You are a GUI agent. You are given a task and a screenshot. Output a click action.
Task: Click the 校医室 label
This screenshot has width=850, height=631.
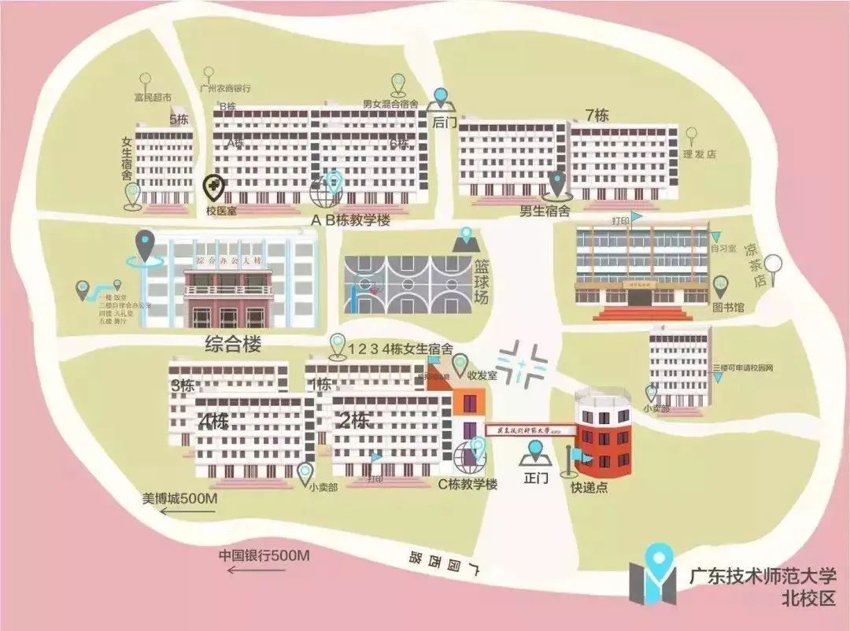pos(220,211)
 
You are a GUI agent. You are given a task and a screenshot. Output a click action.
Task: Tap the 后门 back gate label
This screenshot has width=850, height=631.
pos(441,123)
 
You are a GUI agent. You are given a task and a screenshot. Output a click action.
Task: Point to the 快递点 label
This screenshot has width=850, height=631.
pos(589,487)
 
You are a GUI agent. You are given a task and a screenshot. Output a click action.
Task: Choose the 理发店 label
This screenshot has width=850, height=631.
pos(700,154)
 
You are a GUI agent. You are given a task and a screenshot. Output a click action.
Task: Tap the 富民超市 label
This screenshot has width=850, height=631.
pos(152,98)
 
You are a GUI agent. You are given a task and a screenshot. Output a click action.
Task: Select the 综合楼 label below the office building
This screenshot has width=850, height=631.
pos(233,344)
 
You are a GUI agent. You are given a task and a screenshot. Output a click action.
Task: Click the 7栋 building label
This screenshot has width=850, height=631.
pos(597,115)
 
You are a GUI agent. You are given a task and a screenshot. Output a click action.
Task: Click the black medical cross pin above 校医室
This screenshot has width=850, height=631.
pos(214,187)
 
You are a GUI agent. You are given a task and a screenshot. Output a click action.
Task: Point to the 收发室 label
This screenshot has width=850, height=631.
pos(483,375)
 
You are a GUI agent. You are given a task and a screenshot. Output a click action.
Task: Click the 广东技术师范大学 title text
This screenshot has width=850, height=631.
pos(763,577)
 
